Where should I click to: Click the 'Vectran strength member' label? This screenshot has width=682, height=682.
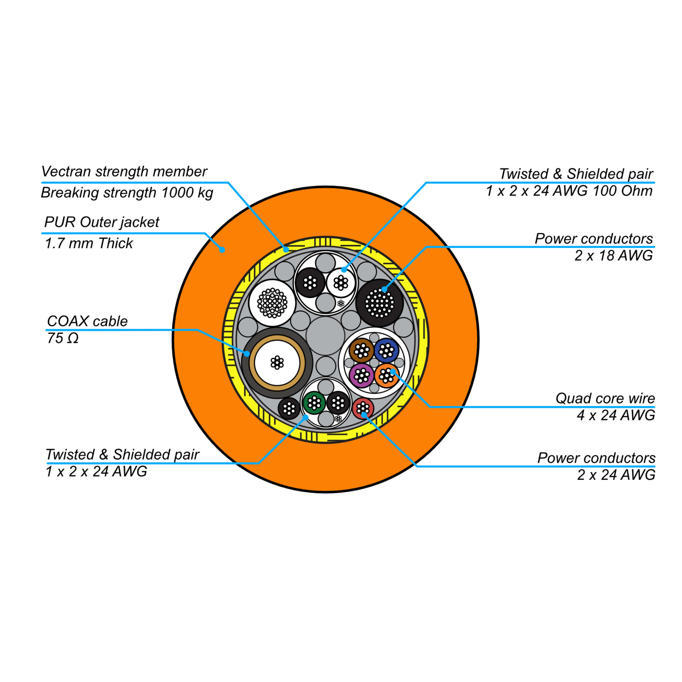point(124,172)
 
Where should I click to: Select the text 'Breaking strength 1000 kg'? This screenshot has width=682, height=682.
point(127,193)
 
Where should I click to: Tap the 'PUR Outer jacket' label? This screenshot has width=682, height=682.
point(102,222)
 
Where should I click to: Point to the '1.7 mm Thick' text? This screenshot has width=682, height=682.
point(89,243)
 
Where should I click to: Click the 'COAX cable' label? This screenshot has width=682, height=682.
point(87,322)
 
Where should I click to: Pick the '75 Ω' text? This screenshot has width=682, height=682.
point(62,339)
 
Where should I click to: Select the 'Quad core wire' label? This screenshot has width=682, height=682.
point(605,399)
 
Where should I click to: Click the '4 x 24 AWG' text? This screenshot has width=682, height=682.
point(616,415)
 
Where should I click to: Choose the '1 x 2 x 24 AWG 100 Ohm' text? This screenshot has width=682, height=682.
point(569,191)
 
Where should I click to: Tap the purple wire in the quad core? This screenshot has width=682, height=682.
point(361,375)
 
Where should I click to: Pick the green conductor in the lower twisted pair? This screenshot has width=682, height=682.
point(314,403)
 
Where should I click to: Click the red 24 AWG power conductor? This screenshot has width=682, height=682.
point(362,409)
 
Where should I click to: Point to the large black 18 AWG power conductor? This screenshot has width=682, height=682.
point(380,303)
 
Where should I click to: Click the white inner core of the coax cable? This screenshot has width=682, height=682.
point(277,363)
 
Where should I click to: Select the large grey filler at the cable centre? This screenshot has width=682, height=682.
point(325,336)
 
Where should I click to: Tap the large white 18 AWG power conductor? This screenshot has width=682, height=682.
point(272,303)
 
